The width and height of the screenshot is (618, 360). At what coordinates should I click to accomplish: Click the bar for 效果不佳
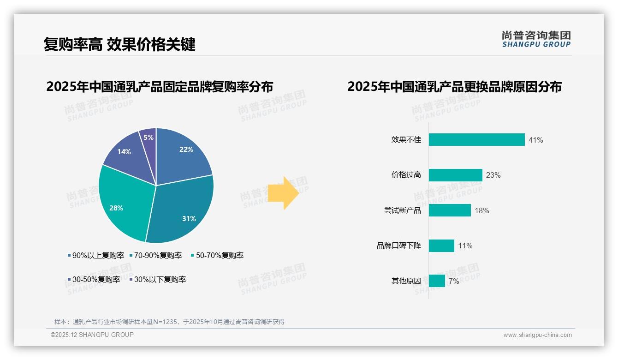click(x=476, y=140)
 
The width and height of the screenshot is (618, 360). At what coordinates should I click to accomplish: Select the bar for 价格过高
click(x=455, y=175)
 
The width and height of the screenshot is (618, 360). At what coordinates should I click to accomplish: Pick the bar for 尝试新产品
click(x=450, y=210)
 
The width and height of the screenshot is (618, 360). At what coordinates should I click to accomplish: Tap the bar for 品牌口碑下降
click(x=441, y=246)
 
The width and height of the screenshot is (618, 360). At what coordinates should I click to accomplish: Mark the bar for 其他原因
click(x=437, y=281)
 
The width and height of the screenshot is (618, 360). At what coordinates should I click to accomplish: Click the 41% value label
click(x=536, y=140)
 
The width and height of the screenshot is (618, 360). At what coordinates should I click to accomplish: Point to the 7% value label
click(x=454, y=281)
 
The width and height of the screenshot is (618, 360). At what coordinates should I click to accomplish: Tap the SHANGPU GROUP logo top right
click(x=536, y=39)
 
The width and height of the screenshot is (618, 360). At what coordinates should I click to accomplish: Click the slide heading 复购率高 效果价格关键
click(x=119, y=44)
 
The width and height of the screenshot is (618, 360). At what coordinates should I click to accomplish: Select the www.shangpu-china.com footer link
click(x=537, y=335)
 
